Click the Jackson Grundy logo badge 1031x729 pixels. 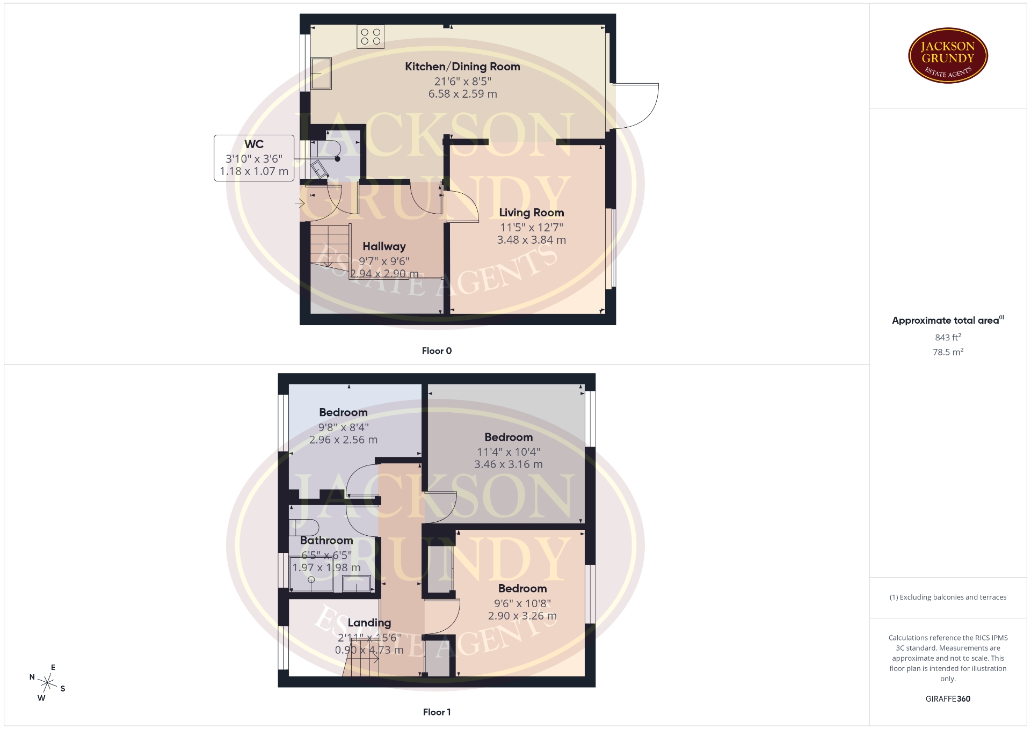(948, 56)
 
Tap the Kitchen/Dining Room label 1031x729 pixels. (462, 67)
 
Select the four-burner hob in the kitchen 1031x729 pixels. (371, 37)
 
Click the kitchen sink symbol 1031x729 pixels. (321, 72)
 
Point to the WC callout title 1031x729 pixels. (254, 144)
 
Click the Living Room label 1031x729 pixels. (531, 213)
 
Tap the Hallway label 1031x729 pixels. (384, 246)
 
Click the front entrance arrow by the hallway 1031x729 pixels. (299, 203)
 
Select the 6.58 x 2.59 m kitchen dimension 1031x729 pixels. (462, 94)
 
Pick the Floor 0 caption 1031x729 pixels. (437, 351)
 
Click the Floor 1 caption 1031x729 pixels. (437, 712)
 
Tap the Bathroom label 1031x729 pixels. (326, 541)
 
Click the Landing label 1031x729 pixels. (369, 623)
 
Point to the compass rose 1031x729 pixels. (48, 683)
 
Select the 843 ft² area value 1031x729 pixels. (948, 337)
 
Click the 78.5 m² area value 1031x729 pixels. (948, 352)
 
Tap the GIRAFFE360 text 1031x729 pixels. (948, 698)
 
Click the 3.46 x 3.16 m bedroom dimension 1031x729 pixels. (508, 464)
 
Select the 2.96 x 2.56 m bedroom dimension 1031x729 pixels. (343, 440)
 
